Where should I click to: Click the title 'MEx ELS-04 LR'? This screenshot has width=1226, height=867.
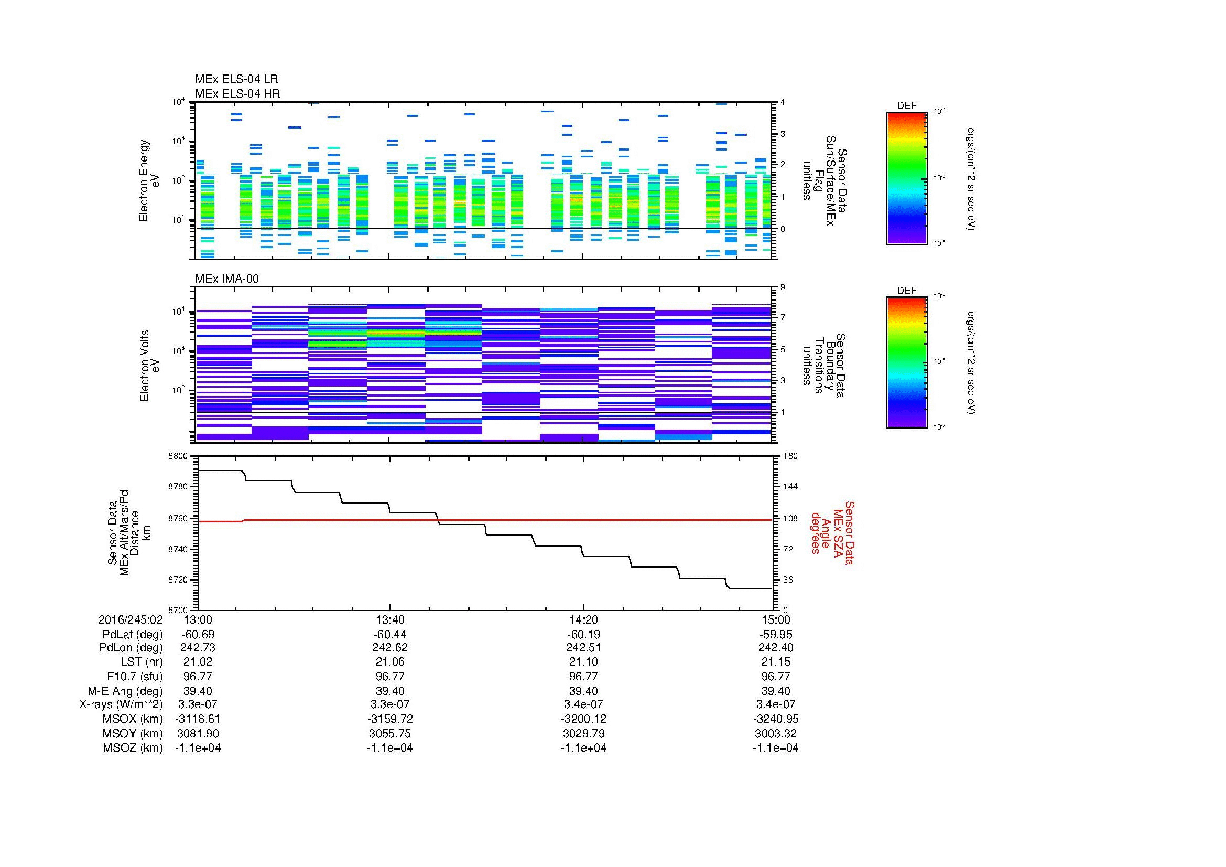[x=236, y=79]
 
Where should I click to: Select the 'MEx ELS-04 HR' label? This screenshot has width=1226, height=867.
[x=237, y=93]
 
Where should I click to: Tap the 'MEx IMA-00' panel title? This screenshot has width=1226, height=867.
[x=226, y=279]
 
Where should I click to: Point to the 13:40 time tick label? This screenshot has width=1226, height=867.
[x=390, y=619]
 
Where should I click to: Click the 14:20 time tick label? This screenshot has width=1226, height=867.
[x=583, y=619]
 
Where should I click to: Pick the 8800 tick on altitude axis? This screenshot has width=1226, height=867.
[x=177, y=457]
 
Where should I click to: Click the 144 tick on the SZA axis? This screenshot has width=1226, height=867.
[x=790, y=487]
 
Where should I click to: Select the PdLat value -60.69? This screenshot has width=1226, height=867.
[x=198, y=635]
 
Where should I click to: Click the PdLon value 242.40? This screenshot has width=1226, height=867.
[x=775, y=648]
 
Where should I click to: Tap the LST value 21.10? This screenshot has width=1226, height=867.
[x=583, y=662]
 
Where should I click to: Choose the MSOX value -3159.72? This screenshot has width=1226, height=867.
[x=390, y=719]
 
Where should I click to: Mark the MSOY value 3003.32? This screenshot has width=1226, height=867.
[x=775, y=733]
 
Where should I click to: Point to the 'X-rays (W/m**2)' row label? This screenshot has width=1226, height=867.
[x=121, y=704]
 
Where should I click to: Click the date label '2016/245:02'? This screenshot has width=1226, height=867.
[x=131, y=619]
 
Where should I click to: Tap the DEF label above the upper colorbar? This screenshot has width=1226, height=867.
[x=906, y=106]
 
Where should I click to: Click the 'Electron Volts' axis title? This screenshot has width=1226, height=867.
[x=144, y=366]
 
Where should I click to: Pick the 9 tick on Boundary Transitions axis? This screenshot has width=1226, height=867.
[x=783, y=287]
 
